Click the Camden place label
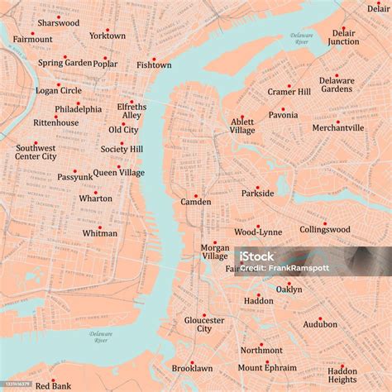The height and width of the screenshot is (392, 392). click(196, 202)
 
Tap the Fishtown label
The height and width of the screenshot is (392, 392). click(154, 65)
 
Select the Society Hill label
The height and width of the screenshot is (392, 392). click(122, 150)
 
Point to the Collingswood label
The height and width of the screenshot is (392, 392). click(325, 230)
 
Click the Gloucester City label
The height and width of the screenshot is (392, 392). click(204, 324)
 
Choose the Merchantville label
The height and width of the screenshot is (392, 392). click(337, 128)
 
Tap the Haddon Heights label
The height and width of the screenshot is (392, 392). click(342, 375)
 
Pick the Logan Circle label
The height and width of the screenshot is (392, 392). click(59, 91)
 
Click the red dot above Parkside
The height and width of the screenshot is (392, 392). click(257, 187)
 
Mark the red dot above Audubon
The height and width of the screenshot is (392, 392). click(320, 318)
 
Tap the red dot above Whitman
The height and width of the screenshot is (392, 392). click(100, 227)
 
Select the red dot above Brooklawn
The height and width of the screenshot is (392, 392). click(192, 362)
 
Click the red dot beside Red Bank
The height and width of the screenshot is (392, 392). click(53, 380)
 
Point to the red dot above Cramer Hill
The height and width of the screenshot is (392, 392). click(289, 86)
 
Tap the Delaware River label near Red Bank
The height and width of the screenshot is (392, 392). click(101, 337)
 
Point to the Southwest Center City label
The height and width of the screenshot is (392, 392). click(36, 152)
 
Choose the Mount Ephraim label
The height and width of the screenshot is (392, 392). click(267, 368)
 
